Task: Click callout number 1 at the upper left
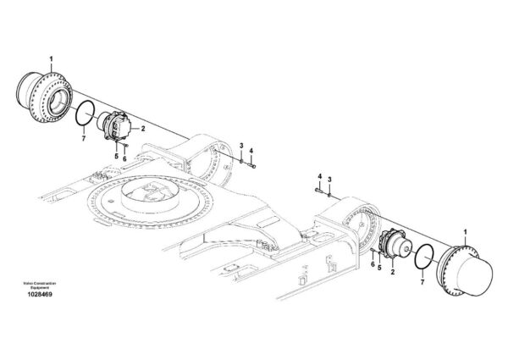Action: (x=51, y=59)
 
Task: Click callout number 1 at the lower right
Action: (x=466, y=232)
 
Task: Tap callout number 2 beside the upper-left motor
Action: (x=143, y=129)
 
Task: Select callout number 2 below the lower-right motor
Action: (x=393, y=272)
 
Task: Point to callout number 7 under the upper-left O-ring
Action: (x=84, y=139)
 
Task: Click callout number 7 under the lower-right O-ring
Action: (x=422, y=282)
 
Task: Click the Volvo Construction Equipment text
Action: (x=40, y=285)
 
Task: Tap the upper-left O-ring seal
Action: (x=76, y=114)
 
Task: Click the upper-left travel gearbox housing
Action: (x=44, y=97)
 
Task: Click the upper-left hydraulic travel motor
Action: (x=116, y=125)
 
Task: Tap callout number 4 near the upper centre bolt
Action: (x=251, y=151)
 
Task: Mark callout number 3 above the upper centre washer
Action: (x=241, y=146)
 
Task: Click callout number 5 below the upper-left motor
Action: (x=116, y=157)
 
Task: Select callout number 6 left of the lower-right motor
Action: (x=373, y=264)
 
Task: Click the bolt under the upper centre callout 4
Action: (x=251, y=166)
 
